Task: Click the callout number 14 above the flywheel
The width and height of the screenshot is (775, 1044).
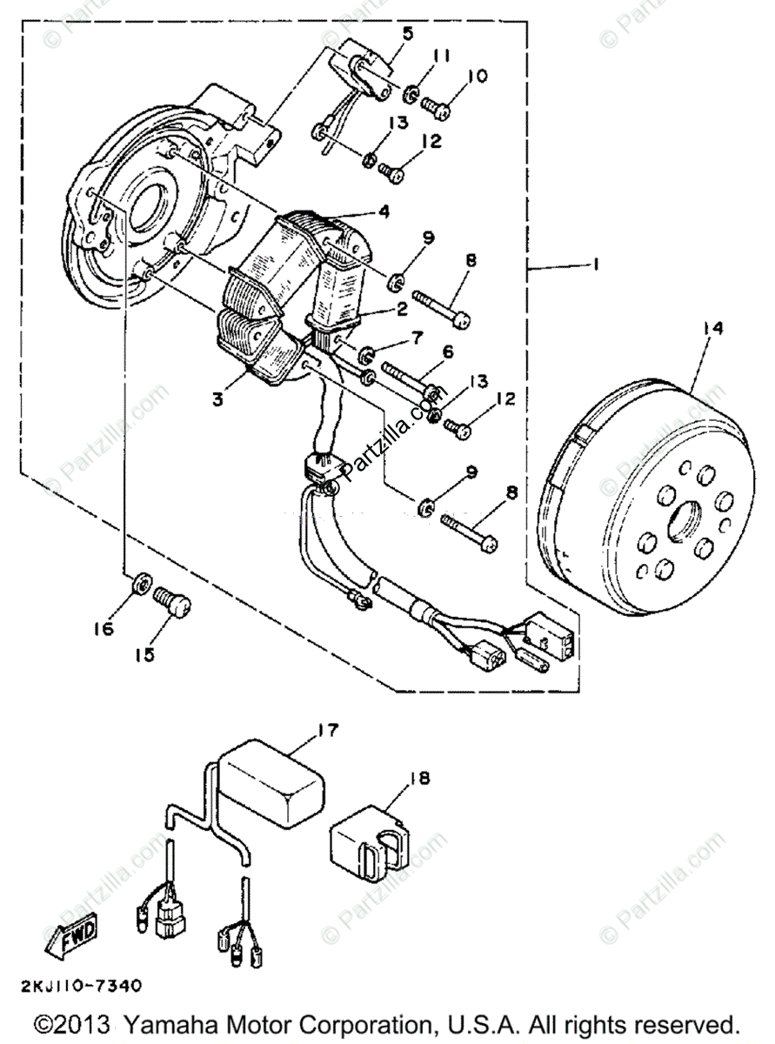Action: pos(713,328)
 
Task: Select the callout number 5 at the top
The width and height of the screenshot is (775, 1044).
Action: pos(407,34)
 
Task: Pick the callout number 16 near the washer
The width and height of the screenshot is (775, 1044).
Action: pos(104,627)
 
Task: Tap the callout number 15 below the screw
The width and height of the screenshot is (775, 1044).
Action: pos(144,653)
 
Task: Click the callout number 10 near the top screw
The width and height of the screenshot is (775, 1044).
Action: pos(478,77)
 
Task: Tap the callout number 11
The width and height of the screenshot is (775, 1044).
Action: pos(442,57)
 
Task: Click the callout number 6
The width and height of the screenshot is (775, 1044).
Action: pos(449,351)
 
